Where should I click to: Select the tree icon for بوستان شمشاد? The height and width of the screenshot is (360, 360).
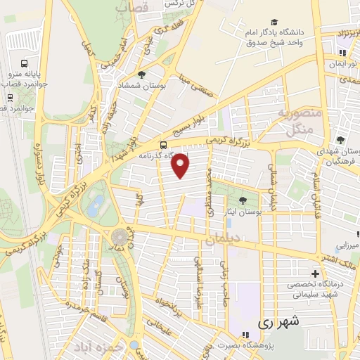click(x=142, y=75)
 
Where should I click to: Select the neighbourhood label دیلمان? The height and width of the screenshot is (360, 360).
click(x=224, y=239)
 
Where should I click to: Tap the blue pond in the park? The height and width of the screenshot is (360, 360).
click(x=96, y=206)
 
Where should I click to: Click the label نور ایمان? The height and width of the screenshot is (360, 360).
click(x=342, y=63)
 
